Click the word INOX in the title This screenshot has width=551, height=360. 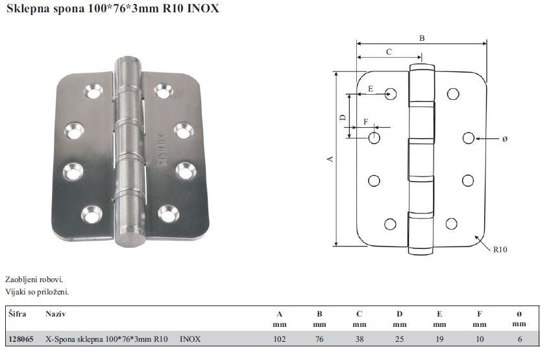coord(202,8)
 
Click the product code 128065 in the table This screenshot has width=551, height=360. coord(21,339)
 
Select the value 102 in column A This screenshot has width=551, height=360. coord(279,339)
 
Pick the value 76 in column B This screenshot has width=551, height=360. coord(319,339)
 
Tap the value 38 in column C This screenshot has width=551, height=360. coord(360,339)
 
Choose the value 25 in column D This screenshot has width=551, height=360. coord(400,339)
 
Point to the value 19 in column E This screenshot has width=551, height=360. coord(439,339)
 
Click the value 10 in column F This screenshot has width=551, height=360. coord(480,339)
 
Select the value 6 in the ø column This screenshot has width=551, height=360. coord(520,339)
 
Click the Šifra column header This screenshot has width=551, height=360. coord(18,313)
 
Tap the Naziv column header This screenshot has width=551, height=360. coord(56,314)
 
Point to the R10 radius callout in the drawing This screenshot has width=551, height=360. coord(500,249)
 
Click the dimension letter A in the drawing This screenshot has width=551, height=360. coord(330,159)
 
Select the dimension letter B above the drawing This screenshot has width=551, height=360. coord(422,38)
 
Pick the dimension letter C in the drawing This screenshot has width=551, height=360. coord(389,52)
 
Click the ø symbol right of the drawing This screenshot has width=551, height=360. coord(505,139)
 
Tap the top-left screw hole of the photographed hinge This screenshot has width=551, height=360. coord(93,91)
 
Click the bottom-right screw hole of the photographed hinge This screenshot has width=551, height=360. coord(169,213)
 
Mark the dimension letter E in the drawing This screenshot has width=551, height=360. coord(371,89)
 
